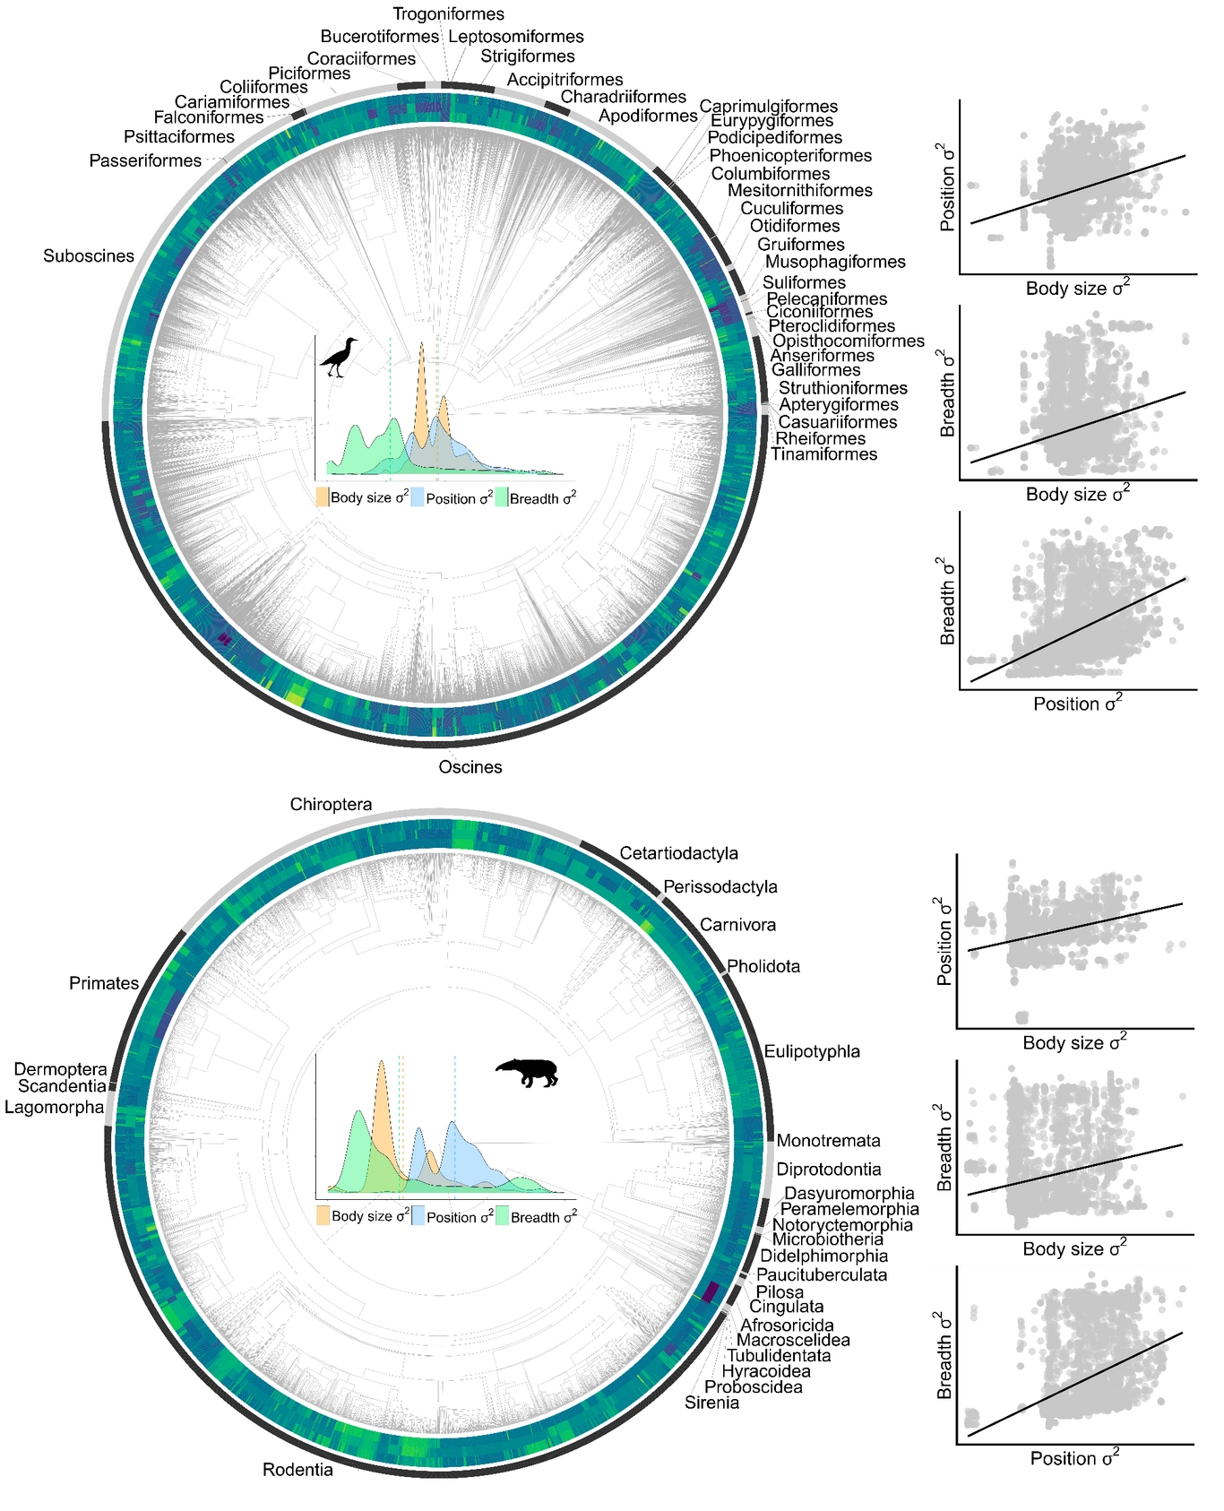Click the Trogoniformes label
[448, 14]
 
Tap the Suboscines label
[89, 256]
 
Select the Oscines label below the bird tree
[470, 767]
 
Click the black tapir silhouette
[528, 1072]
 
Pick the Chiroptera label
[331, 805]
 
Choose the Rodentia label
[297, 1470]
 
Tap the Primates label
[104, 984]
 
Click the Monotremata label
[828, 1141]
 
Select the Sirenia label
[711, 1403]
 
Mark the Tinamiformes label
[823, 454]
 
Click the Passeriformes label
[145, 161]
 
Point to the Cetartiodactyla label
[678, 853]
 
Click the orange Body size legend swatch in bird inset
[322, 497]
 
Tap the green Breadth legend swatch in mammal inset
[502, 1216]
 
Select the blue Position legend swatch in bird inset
[417, 497]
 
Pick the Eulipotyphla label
[812, 1051]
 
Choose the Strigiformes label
[527, 56]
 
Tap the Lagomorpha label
[54, 1108]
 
